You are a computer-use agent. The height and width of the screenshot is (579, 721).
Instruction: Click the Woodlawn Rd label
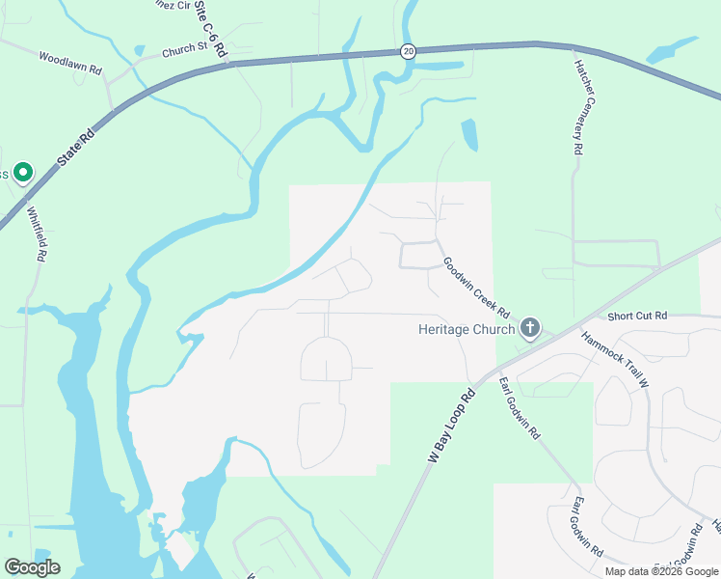point(70,64)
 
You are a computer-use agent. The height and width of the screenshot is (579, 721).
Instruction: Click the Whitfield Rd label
point(37,235)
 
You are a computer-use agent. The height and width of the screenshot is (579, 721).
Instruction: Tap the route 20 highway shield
point(409,51)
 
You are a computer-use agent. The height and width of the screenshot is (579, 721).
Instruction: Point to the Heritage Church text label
point(467,329)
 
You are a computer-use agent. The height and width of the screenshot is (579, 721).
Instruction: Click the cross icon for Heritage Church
point(529,328)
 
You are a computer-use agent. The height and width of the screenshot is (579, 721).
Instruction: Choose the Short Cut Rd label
point(637,316)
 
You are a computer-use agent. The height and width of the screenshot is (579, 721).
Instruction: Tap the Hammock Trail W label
point(616,359)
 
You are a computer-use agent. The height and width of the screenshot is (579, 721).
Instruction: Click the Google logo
point(32,566)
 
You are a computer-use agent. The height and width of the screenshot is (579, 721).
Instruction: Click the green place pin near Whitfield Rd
point(22,174)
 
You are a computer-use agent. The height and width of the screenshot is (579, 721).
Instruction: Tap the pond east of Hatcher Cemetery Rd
point(672,50)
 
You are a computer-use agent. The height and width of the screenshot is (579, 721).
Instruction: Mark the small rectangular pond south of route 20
point(468,134)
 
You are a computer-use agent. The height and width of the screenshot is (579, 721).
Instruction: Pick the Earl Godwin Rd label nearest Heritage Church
point(519,408)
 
